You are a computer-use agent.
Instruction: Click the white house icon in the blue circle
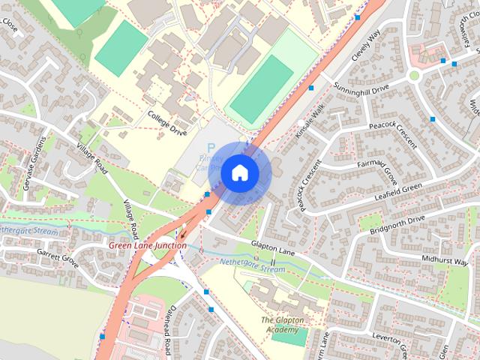click(x=238, y=173)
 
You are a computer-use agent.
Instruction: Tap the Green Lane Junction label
click(x=148, y=245)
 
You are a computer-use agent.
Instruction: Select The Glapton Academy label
click(x=282, y=325)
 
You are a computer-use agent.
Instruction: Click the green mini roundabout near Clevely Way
click(x=413, y=75)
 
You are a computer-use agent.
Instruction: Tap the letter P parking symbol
click(x=211, y=148)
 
